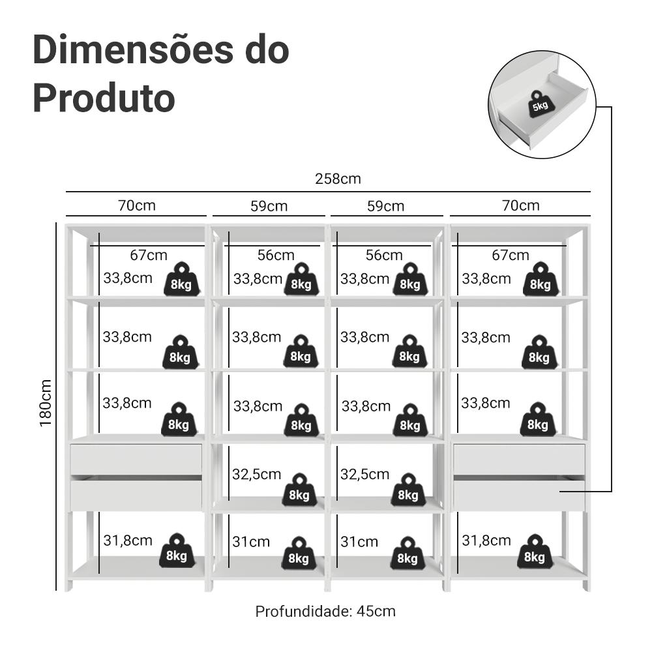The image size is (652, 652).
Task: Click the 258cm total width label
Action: [x=338, y=179]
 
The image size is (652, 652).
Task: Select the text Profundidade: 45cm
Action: [x=325, y=612]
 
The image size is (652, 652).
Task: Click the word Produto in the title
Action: [x=104, y=98]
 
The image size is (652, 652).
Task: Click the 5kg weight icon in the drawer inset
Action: [x=540, y=104]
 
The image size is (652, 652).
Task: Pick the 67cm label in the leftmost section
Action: [x=148, y=255]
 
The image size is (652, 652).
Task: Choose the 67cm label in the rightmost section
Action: [x=511, y=255]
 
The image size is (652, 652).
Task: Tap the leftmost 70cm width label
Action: [x=137, y=205]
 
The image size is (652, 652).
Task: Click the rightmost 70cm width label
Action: [x=520, y=205]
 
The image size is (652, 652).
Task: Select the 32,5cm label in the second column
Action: [x=257, y=474]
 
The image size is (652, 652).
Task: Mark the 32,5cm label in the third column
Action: [x=365, y=474]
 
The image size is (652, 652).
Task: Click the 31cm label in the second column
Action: [x=251, y=541]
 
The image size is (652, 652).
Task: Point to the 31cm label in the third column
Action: [x=359, y=541]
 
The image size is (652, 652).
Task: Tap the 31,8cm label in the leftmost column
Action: [x=128, y=540]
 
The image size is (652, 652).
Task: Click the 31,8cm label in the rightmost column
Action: [x=486, y=540]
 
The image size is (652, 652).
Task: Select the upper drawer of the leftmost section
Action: [x=136, y=459]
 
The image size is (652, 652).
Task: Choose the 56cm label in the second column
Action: [x=276, y=255]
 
